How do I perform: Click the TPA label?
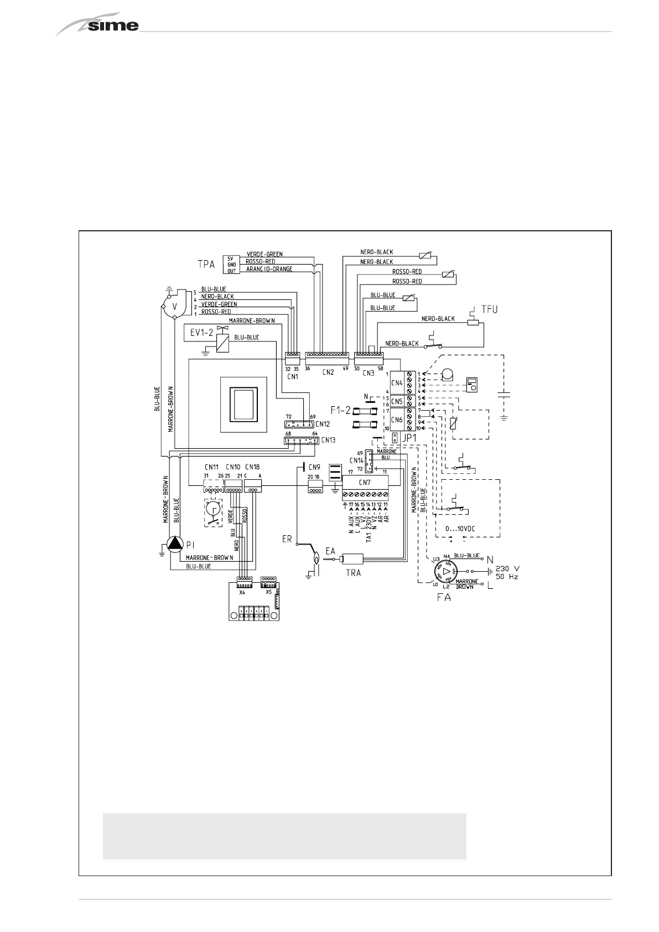206,265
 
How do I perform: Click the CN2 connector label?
328,372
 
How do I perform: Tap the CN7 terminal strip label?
364,482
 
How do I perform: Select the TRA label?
353,573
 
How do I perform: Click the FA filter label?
444,598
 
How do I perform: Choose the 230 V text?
506,568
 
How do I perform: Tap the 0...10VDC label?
460,528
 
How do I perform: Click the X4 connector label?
242,592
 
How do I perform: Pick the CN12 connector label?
323,424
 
